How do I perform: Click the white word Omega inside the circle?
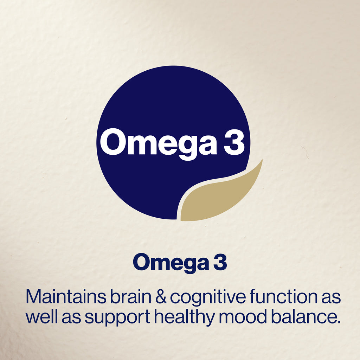pos(159,143)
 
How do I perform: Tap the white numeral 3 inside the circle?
pos(233,142)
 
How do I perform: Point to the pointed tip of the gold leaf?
pos(262,160)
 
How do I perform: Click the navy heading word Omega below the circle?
pos(171,263)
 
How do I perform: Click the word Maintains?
pos(66,296)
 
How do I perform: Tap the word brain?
pos(130,296)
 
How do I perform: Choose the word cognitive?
pos(208,298)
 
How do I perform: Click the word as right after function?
pos(331,298)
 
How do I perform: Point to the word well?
pos(41,316)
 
